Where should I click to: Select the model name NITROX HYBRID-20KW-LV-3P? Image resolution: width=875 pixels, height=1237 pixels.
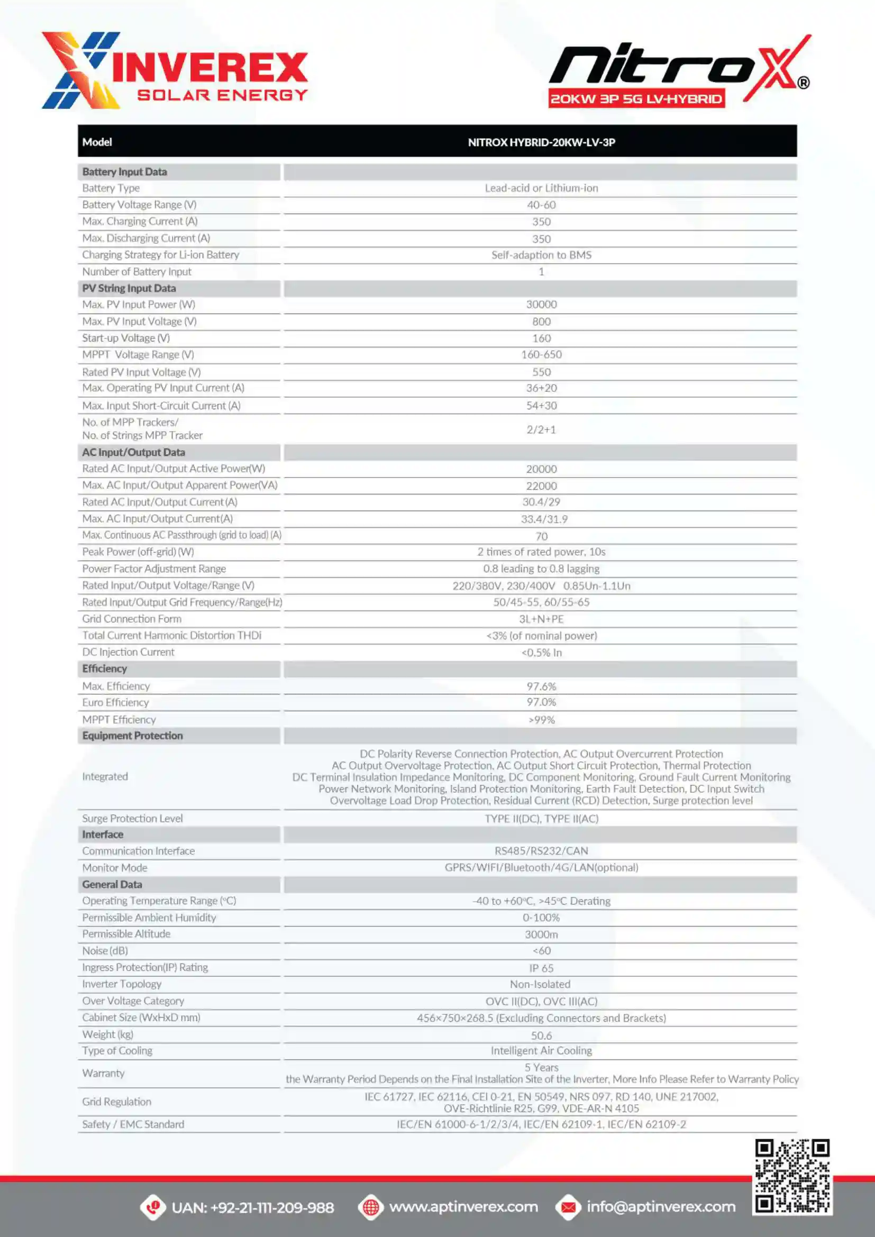[x=541, y=142]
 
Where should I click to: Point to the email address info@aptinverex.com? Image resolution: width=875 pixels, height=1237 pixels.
[x=661, y=1207]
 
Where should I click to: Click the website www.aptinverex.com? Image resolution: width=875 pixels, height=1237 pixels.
[x=463, y=1207]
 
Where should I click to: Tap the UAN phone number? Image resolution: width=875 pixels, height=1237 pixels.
[x=253, y=1207]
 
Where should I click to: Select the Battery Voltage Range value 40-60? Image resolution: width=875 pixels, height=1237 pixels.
[x=541, y=205]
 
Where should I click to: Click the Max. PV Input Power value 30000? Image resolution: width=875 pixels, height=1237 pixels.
[x=541, y=305]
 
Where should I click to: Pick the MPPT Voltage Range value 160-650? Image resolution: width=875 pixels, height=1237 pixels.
[x=541, y=354]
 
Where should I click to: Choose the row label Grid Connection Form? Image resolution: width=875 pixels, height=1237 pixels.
[x=132, y=619]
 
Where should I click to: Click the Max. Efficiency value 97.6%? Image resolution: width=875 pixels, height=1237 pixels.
[x=541, y=686]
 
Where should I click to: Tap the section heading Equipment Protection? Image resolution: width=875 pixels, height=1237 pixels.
[x=133, y=736]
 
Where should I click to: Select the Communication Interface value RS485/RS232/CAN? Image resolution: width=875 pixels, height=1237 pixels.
[x=541, y=851]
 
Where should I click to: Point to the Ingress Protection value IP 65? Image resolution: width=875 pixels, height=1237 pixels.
[x=541, y=968]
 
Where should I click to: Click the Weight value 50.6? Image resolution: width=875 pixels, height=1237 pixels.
[x=541, y=1035]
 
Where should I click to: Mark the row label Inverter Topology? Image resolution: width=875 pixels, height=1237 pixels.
[x=122, y=984]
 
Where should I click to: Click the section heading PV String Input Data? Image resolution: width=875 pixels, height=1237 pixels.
[x=129, y=288]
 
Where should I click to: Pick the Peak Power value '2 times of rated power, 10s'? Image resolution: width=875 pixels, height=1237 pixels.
[x=541, y=552]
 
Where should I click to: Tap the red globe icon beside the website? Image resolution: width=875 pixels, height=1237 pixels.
[x=371, y=1207]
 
